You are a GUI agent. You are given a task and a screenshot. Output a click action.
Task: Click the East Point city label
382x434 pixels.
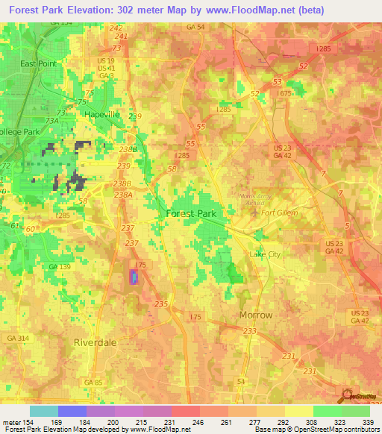(x=38, y=64)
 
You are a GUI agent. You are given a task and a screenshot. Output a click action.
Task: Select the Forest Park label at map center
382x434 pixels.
(x=190, y=213)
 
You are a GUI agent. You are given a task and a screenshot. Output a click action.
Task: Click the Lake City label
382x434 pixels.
(x=265, y=254)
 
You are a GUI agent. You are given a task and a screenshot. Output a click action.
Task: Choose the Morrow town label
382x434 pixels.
(x=256, y=315)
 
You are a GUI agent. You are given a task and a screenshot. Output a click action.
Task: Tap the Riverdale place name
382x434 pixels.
(x=96, y=342)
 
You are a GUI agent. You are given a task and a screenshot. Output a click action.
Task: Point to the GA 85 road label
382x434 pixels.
(x=93, y=382)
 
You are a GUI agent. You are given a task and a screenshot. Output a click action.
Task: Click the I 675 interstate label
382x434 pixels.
(x=284, y=93)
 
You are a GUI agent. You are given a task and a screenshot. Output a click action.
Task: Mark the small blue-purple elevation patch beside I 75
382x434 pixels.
(x=134, y=277)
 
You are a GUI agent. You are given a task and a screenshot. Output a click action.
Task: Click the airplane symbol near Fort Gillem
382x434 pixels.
(x=257, y=213)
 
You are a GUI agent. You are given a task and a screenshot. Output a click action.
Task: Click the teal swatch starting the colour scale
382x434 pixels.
(x=43, y=411)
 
